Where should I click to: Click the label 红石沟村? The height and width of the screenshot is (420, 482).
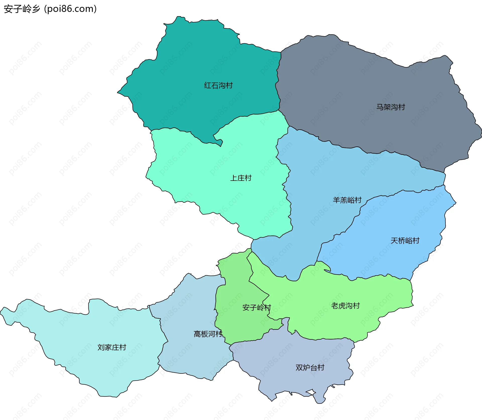point(218,85)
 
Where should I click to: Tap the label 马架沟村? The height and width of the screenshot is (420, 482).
point(391,107)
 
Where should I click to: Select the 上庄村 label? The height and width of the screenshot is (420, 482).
point(241,178)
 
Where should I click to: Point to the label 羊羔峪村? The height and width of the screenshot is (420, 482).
point(347,200)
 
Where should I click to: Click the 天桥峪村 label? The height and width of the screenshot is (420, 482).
point(405,241)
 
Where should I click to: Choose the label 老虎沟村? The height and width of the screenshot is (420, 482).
point(345,306)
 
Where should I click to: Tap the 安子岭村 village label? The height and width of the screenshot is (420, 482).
point(257,307)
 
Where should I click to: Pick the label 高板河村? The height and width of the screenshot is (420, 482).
point(208,334)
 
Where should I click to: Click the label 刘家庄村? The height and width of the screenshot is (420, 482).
point(112,347)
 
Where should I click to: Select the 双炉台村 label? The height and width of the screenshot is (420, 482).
point(310,367)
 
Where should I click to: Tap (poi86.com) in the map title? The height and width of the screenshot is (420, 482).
point(70,9)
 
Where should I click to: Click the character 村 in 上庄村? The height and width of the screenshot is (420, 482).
point(248,178)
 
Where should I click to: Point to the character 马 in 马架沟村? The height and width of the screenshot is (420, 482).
point(380,107)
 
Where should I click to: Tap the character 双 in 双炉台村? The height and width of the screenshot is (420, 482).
point(299,367)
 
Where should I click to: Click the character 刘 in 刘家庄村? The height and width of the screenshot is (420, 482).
point(101,347)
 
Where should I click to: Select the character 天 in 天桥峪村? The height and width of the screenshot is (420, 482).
point(394,241)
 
